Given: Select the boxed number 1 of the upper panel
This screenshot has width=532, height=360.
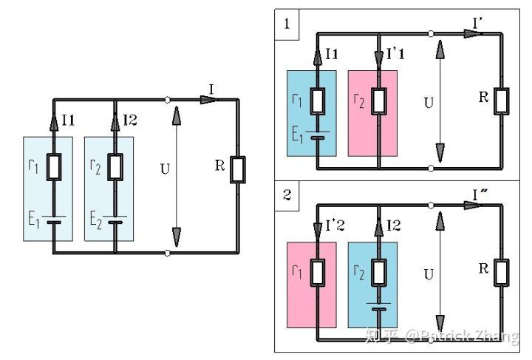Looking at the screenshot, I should point(286,23).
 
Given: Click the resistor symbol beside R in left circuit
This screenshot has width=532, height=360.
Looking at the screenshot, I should point(239,169).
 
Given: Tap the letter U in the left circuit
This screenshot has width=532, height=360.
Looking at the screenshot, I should point(165,169).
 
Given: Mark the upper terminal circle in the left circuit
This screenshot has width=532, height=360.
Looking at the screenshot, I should point(169,100).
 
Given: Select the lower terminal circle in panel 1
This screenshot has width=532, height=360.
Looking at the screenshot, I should point(431,169).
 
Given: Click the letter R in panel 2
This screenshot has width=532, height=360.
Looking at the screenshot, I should point(484,268).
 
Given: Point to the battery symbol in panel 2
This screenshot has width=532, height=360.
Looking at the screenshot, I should point(378,307).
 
